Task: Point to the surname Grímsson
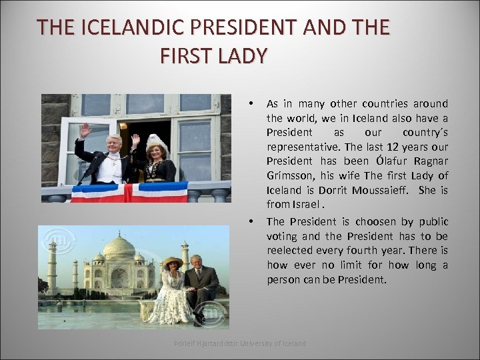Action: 287,175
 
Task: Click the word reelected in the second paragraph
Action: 291,251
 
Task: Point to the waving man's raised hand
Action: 85,131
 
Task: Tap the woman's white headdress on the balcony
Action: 157,143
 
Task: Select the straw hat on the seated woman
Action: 173,262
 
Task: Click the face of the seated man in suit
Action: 195,261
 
